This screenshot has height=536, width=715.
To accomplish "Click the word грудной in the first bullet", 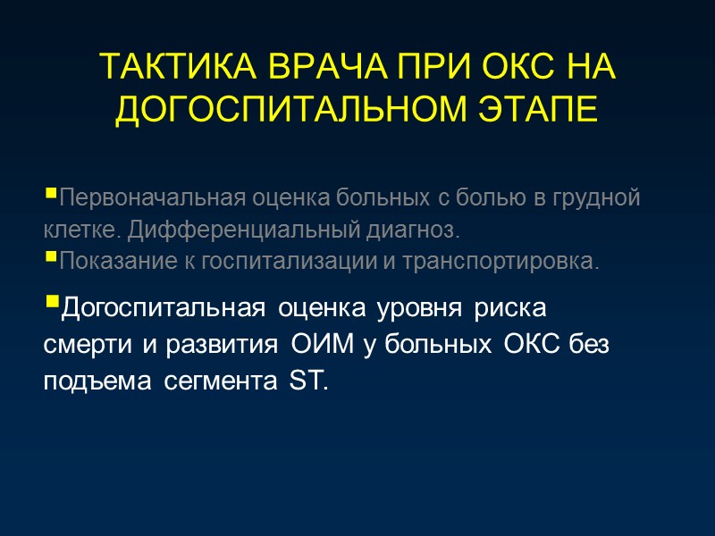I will click(x=601, y=197).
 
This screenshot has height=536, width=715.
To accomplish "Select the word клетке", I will click(x=83, y=230).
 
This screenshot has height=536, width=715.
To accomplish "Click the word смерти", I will click(x=84, y=346).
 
